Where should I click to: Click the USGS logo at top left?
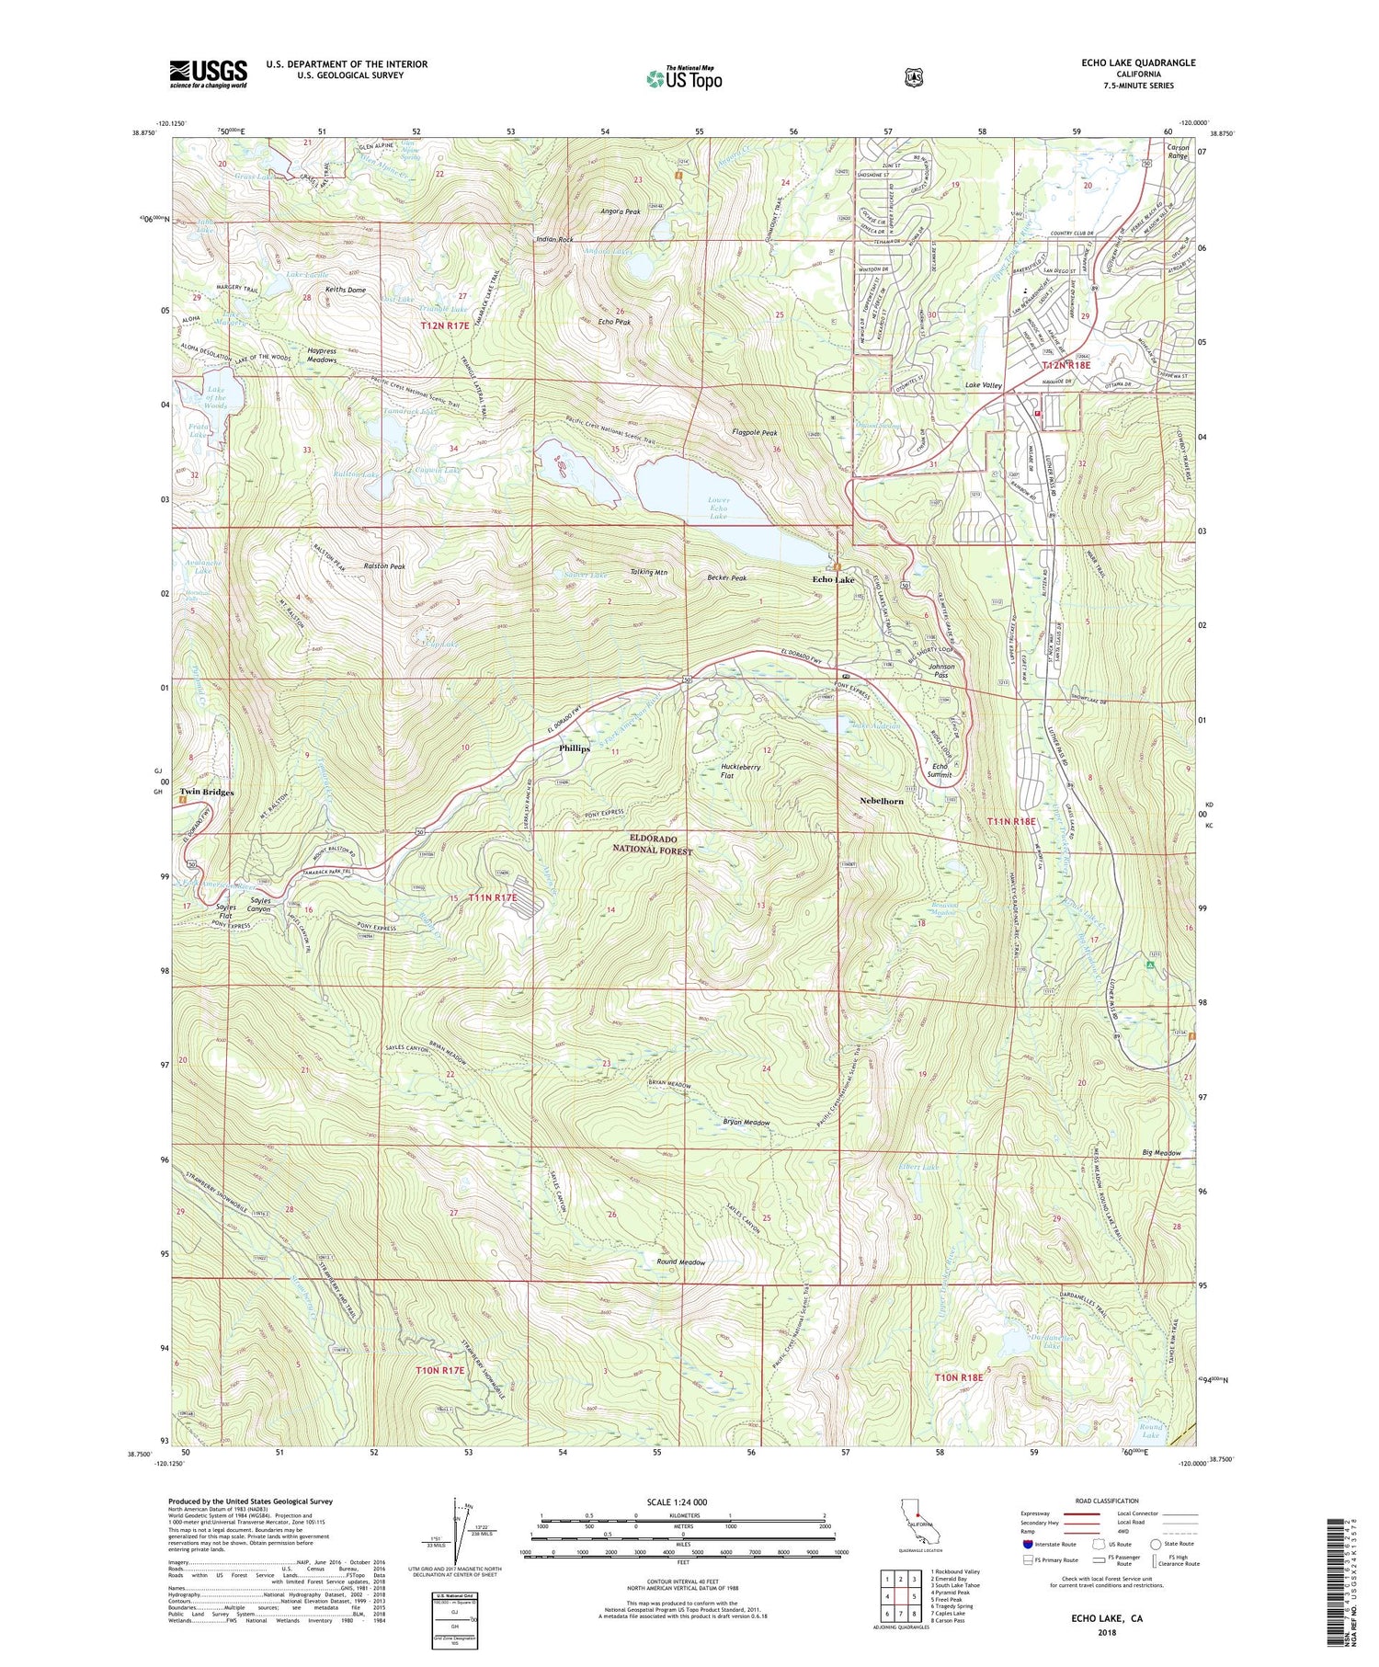pos(208,73)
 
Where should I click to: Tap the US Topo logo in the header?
pos(684,78)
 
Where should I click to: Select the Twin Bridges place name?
pos(206,792)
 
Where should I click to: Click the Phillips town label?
pos(575,748)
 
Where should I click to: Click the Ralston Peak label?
pos(384,566)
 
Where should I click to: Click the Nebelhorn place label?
pos(881,801)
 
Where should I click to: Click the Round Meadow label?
pos(681,1262)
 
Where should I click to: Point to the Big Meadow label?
pos(1161,1152)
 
